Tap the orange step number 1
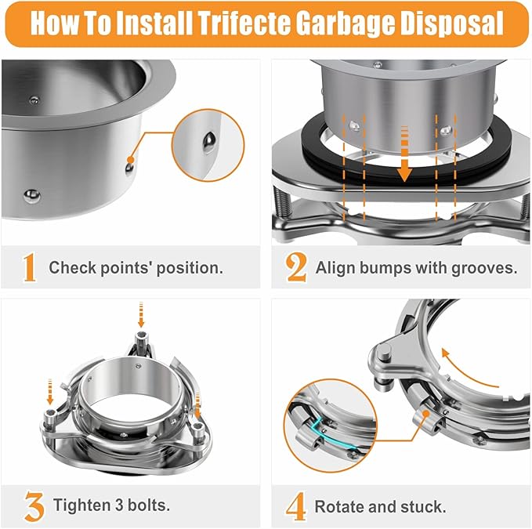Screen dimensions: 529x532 (29, 267)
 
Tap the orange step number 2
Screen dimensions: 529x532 (296, 267)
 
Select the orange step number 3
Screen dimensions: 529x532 (32, 505)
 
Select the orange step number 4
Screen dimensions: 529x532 (295, 505)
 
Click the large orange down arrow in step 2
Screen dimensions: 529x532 (404, 161)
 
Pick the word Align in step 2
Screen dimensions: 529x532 (333, 267)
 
